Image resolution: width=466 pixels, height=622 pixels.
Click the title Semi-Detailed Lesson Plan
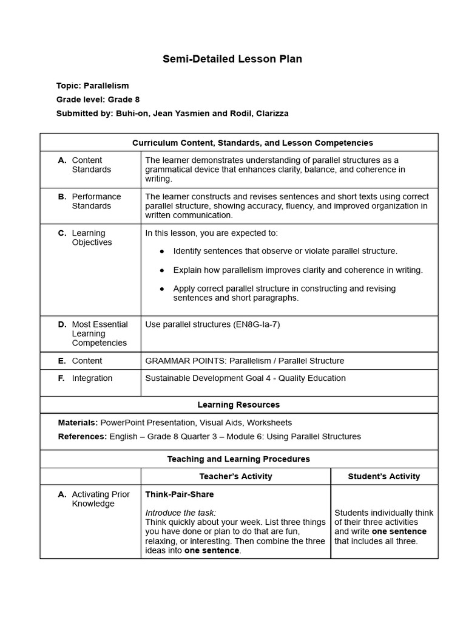[x=232, y=59]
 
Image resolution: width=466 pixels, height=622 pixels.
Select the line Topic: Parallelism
[x=92, y=86]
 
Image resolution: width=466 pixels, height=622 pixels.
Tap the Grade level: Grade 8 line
[x=98, y=100]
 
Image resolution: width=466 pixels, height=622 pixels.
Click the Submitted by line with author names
[x=172, y=113]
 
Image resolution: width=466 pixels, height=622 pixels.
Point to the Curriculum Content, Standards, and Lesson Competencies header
[x=252, y=143]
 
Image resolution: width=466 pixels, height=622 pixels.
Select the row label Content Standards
[x=91, y=165]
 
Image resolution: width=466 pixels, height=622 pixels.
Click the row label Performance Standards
[x=96, y=201]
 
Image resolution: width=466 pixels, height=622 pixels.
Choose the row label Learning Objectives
[x=92, y=238]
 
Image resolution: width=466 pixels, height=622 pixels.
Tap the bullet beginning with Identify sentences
[x=285, y=251]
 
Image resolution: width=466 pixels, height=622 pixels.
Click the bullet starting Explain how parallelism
[x=298, y=270]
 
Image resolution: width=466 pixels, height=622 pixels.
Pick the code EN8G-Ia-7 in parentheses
[x=256, y=324]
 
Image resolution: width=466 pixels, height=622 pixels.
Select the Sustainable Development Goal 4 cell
[x=245, y=378]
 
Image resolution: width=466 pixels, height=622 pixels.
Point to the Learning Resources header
[x=238, y=405]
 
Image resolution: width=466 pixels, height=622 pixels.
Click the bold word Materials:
[x=78, y=423]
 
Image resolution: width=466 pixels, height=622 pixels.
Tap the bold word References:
[x=82, y=437]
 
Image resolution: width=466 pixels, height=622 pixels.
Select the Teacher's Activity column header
[x=235, y=476]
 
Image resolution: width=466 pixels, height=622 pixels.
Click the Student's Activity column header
[x=383, y=476]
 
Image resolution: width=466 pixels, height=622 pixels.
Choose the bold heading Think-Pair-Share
[x=179, y=494]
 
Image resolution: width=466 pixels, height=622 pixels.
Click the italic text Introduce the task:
[x=180, y=513]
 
